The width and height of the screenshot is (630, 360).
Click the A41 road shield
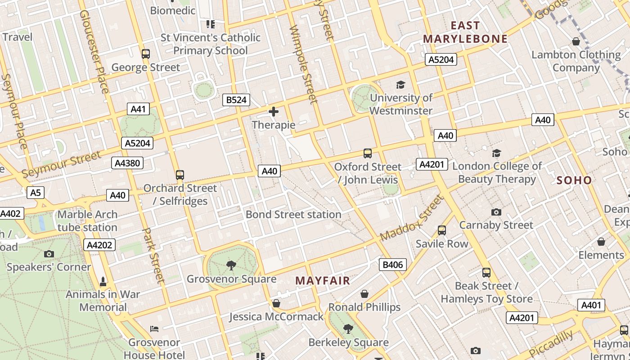pos(138,109)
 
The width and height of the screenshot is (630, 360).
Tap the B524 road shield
pos(236,100)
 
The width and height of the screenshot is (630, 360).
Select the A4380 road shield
pos(127,163)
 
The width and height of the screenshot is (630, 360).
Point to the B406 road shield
pos(392,265)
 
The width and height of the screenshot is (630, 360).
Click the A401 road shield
pos(591,305)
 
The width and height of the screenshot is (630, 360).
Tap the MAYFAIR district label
pos(323,281)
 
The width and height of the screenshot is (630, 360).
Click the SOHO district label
pos(574,180)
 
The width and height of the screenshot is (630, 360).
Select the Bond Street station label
pos(293,215)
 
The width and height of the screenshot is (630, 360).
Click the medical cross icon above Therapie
pos(274,112)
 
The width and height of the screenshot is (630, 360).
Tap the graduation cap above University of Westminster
pos(400,85)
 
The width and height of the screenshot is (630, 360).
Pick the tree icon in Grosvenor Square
pos(231,265)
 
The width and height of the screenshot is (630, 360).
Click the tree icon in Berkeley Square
pos(348,329)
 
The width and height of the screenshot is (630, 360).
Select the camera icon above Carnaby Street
pos(496,212)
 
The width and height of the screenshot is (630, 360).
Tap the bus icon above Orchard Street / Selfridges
pos(180,175)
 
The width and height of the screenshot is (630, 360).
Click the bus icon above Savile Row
pos(442,230)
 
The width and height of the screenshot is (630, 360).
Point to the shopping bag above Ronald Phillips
pos(364,294)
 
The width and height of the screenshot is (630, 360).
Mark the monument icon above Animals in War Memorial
pos(103,282)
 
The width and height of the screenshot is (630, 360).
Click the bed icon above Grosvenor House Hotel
pos(154,329)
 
